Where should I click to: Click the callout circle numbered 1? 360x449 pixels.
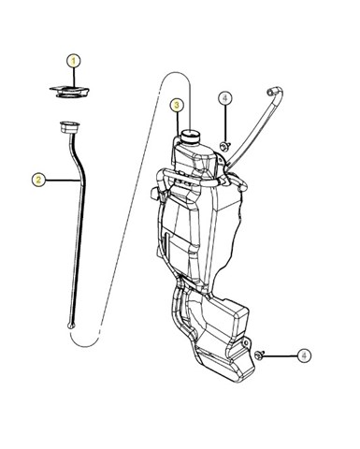74,61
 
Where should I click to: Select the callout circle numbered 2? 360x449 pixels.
38,180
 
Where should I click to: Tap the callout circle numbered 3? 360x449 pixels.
177,106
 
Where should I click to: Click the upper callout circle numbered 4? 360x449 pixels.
225,98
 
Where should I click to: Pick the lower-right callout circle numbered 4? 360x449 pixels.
304,355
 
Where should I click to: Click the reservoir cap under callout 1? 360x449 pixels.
69,92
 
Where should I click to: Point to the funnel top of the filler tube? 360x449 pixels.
69,127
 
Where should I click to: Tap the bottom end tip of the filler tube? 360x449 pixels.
71,326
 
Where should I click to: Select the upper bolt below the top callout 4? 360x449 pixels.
224,146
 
